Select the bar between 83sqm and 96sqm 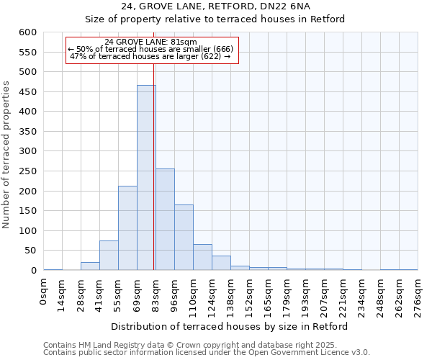[165, 220]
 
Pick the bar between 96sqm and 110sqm [184, 238]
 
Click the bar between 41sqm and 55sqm [109, 256]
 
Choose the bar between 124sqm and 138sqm [221, 263]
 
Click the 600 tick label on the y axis [27, 32]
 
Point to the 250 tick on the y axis [27, 171]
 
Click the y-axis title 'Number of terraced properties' [6, 155]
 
